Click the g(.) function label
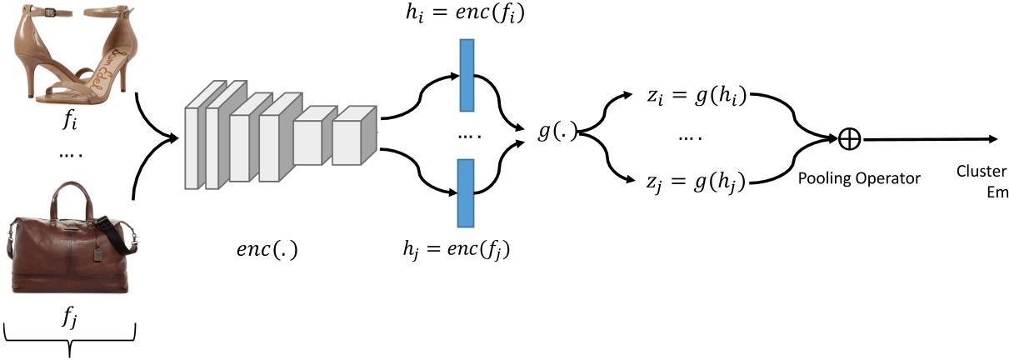[557, 132]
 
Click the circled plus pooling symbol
[848, 139]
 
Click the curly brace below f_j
[71, 342]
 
